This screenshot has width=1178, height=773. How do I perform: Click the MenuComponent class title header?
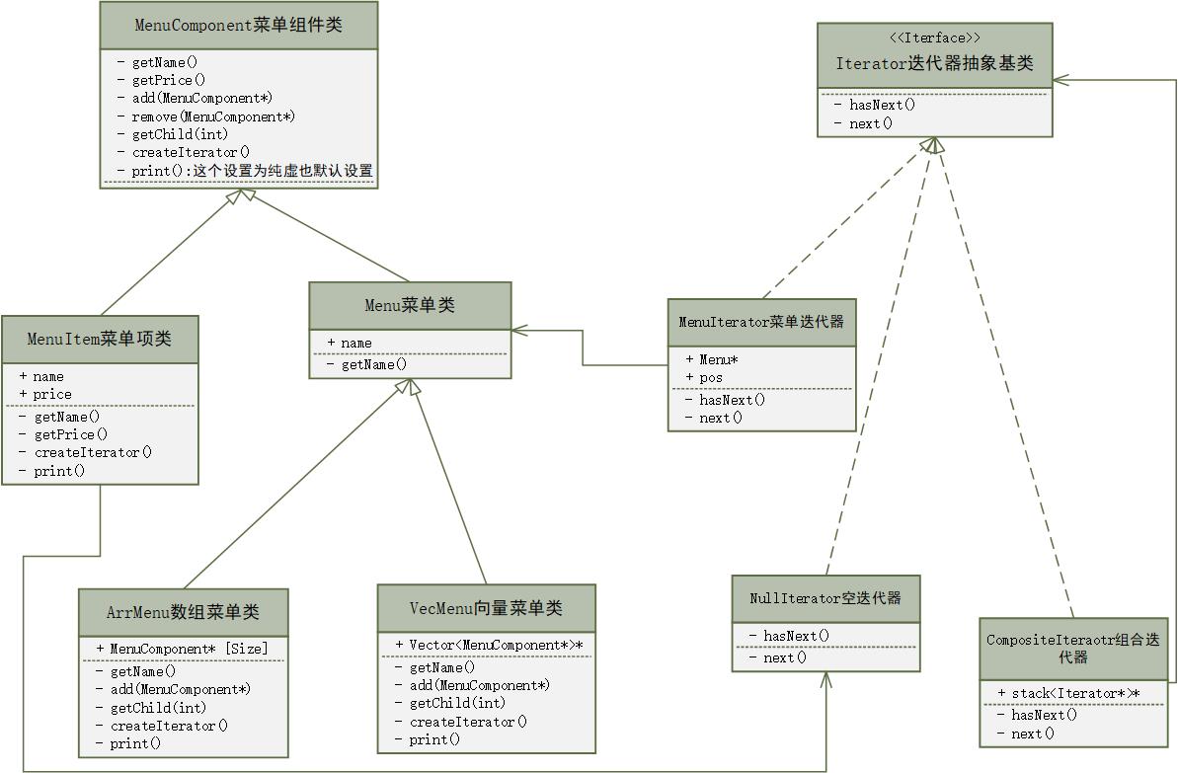tap(238, 26)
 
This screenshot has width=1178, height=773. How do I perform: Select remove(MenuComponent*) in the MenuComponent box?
tap(213, 116)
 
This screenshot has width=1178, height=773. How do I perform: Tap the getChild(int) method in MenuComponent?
tap(180, 134)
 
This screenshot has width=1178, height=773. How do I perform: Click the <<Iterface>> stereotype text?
tap(934, 39)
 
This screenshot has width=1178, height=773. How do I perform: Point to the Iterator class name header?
tap(934, 64)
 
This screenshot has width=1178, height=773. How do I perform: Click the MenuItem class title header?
tap(99, 340)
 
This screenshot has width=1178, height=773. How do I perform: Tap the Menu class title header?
tap(410, 306)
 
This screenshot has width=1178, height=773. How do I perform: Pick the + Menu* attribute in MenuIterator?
tap(719, 359)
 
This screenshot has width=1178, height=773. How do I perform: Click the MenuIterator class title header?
tap(761, 322)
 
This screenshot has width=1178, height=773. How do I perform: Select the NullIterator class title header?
tap(825, 598)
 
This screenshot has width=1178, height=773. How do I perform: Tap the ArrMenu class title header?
tap(183, 612)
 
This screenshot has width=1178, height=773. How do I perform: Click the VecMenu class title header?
tap(486, 608)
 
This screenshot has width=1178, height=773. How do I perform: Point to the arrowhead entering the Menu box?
tap(517, 329)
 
